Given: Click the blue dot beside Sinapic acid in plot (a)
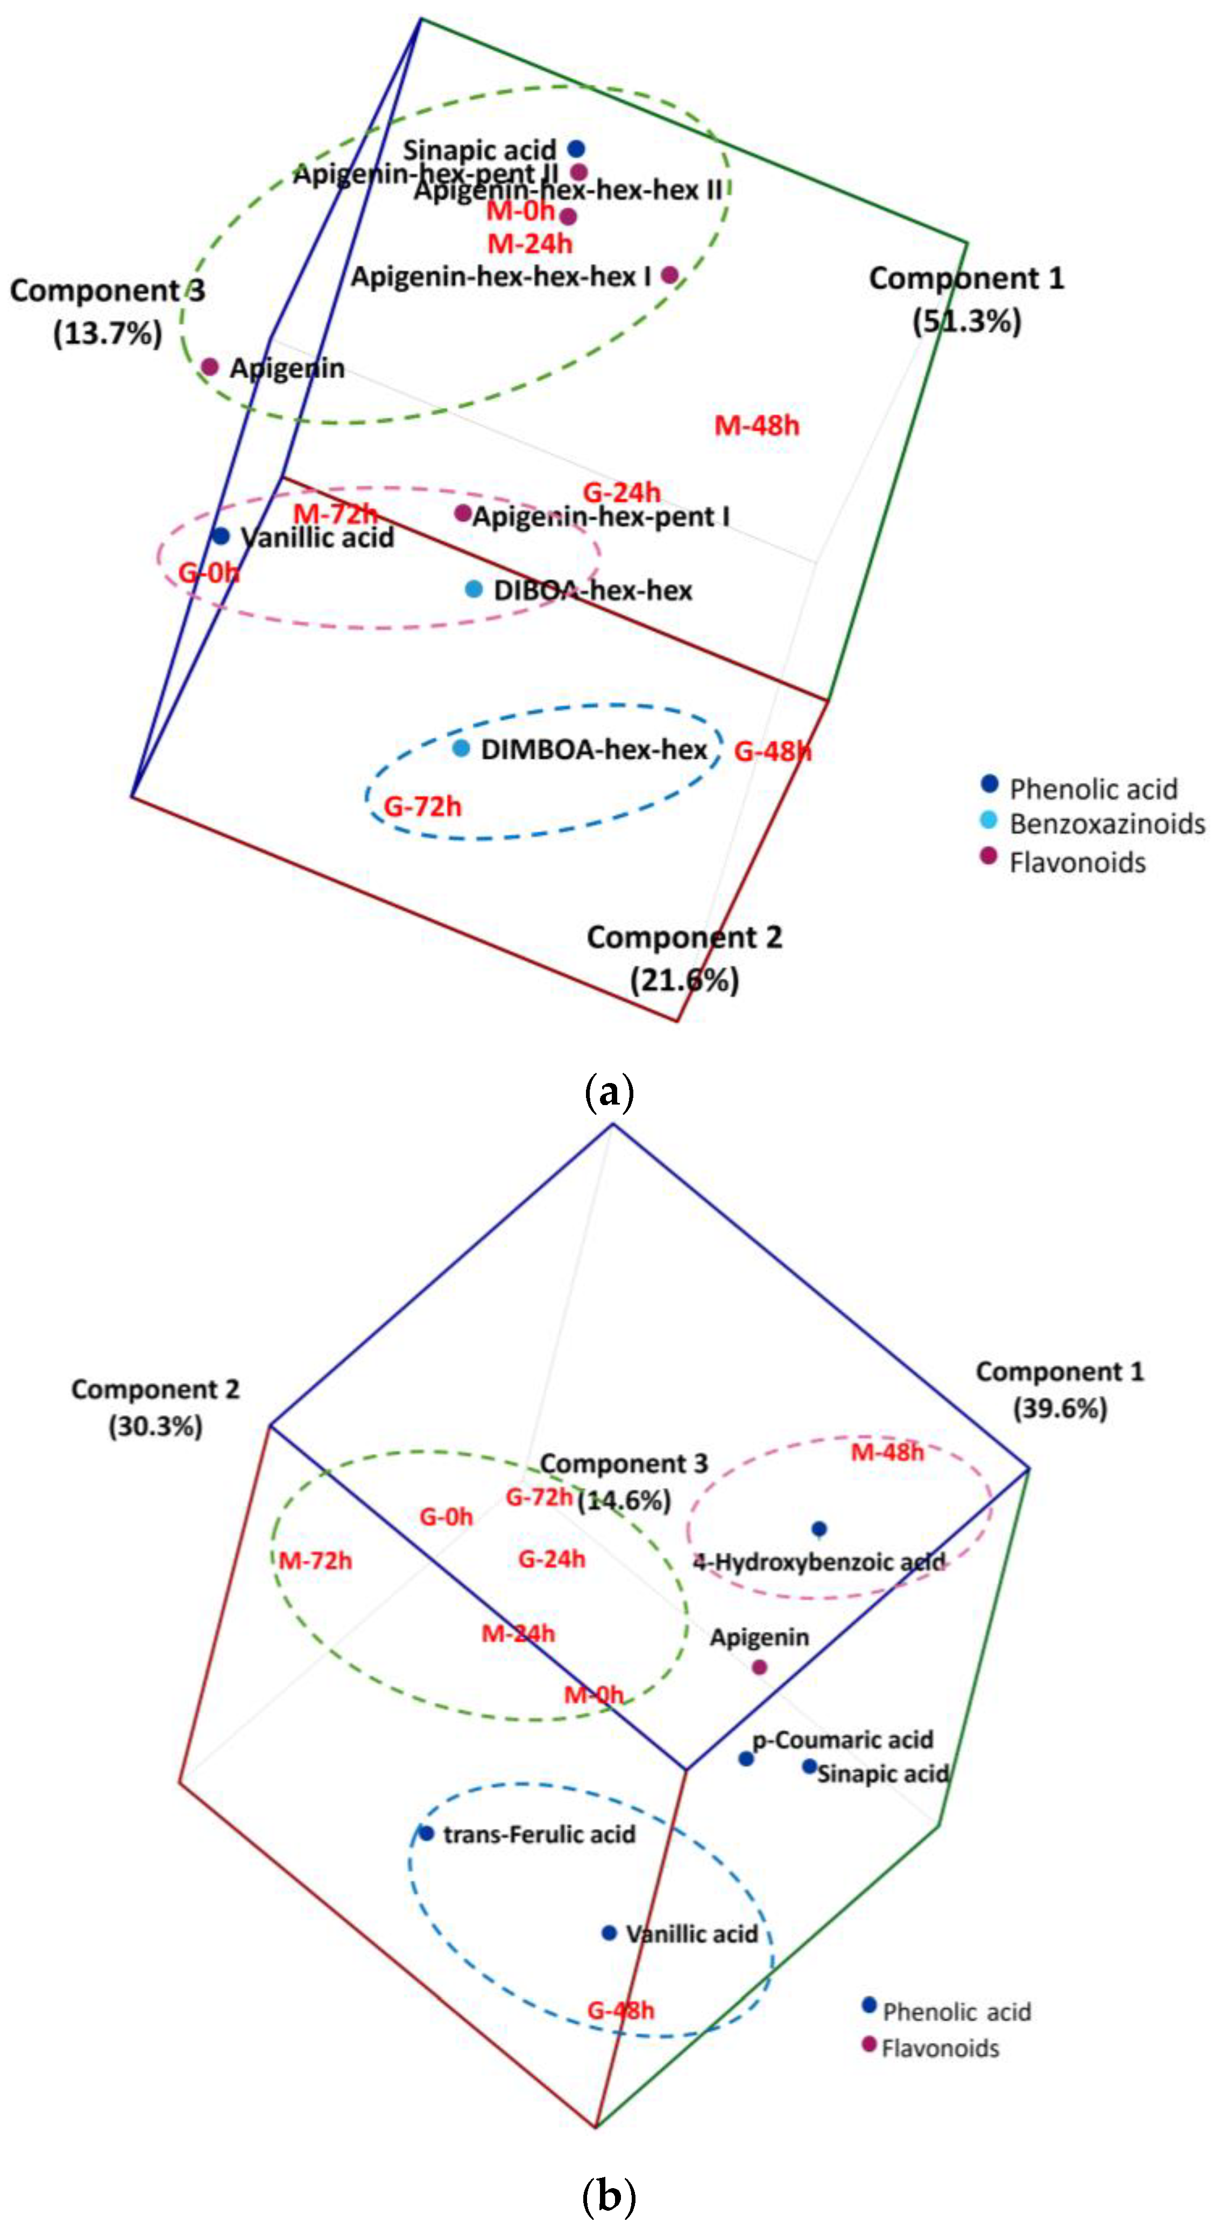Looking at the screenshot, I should click(x=576, y=148).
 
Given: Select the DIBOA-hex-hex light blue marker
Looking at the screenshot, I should click(x=474, y=589).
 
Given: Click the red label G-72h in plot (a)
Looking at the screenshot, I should click(x=422, y=806).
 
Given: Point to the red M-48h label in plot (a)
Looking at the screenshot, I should click(x=756, y=426).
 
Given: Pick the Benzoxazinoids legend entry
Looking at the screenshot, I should click(x=1106, y=823).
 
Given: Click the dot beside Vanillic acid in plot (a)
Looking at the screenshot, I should click(x=221, y=536).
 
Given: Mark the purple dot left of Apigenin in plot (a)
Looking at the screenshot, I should click(x=210, y=366).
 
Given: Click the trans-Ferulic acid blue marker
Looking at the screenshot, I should click(x=426, y=1833).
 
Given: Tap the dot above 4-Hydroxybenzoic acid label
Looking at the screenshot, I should click(x=818, y=1529).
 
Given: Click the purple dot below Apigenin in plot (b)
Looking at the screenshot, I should click(x=759, y=1667).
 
